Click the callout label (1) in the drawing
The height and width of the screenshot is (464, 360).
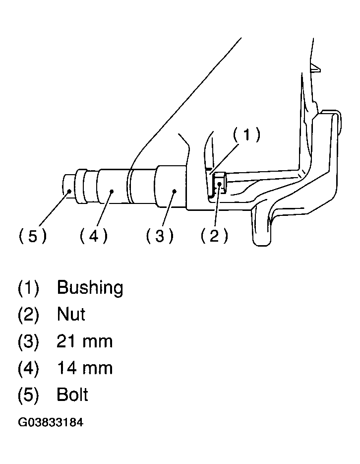tap(247, 134)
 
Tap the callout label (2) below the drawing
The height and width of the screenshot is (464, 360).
tap(214, 236)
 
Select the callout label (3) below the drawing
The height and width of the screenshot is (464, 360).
tap(160, 236)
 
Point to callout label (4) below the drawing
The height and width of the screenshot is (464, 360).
tap(93, 236)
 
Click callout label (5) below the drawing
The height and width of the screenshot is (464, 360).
tap(33, 236)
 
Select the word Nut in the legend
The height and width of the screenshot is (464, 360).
tap(71, 314)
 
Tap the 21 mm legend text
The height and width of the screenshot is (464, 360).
tap(84, 341)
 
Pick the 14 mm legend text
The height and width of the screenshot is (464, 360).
tap(84, 368)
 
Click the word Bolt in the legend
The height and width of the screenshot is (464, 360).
tap(72, 395)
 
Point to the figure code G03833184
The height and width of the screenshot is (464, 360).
tap(51, 422)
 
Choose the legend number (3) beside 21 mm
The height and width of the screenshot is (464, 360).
tap(28, 341)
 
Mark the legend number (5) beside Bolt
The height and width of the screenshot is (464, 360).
tap(28, 395)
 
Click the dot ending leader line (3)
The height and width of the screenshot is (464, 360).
tap(175, 192)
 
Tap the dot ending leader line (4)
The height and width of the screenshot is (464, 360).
tap(112, 192)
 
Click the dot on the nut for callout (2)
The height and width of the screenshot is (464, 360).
tap(219, 184)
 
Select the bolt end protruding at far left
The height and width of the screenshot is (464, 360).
tap(68, 187)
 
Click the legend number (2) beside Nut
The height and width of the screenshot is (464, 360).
tap(28, 315)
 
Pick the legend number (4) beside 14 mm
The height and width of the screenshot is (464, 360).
tap(28, 368)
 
